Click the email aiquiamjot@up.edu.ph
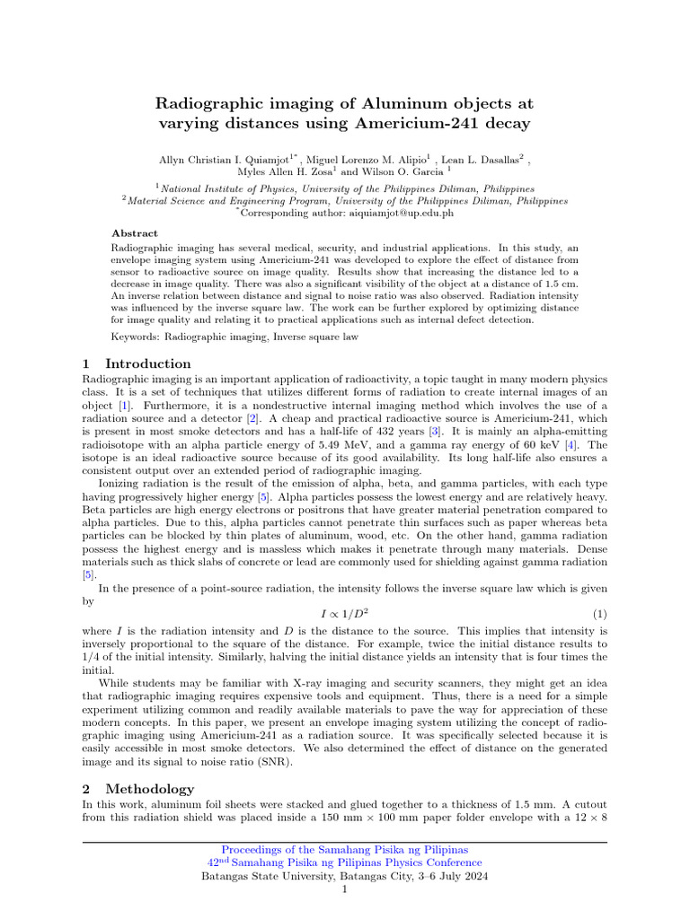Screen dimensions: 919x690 tap(393, 214)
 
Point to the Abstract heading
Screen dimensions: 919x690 tap(135, 232)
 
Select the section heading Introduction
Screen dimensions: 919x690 tap(148, 363)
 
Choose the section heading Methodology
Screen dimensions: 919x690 tap(149, 789)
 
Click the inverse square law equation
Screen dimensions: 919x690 tap(345, 614)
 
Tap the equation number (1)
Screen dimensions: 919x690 tap(600, 614)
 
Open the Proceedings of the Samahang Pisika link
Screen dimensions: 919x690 tap(345, 849)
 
